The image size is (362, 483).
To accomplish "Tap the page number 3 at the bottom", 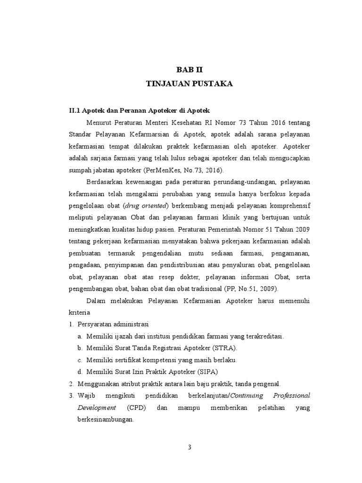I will pos(189,448).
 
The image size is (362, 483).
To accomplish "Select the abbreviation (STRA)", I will pos(224,348).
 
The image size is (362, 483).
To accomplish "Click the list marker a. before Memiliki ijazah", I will pos(80,336).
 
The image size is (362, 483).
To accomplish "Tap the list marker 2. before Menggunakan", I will pos(71,383).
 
